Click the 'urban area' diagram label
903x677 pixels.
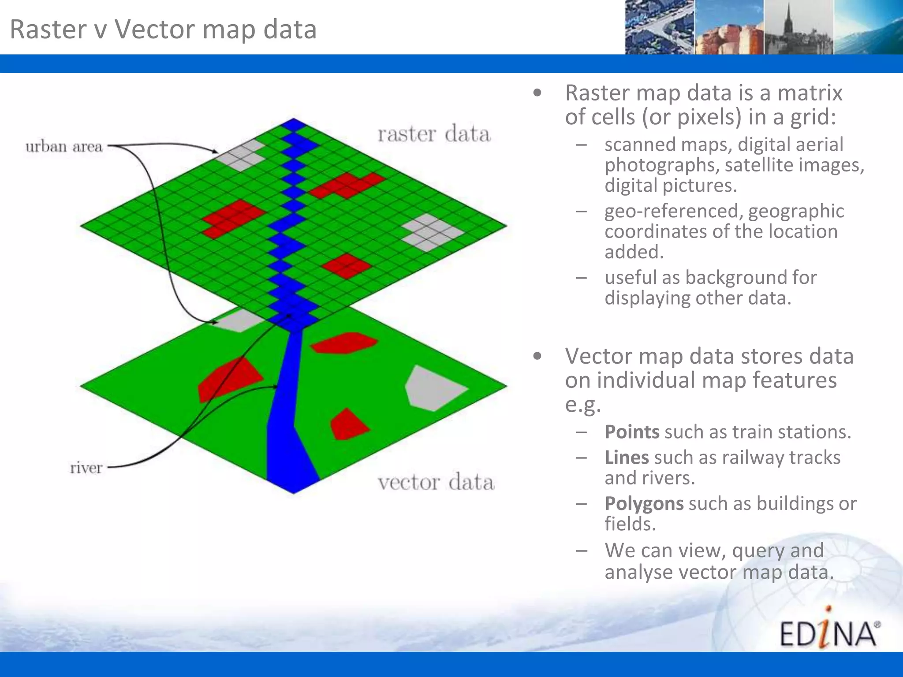click(x=64, y=146)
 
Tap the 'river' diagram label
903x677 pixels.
click(x=86, y=467)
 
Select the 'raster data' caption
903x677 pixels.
click(x=434, y=134)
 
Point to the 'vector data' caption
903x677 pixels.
click(x=436, y=482)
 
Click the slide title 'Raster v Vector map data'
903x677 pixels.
click(x=163, y=29)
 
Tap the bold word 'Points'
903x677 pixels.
click(x=632, y=432)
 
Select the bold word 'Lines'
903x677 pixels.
click(x=627, y=458)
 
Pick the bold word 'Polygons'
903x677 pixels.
click(x=644, y=503)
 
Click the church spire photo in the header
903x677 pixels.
click(x=798, y=27)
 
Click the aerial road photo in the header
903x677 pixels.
click(x=659, y=27)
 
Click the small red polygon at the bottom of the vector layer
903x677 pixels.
click(x=348, y=425)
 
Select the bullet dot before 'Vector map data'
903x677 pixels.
click(x=537, y=356)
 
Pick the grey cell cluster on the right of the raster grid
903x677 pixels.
click(x=431, y=232)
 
